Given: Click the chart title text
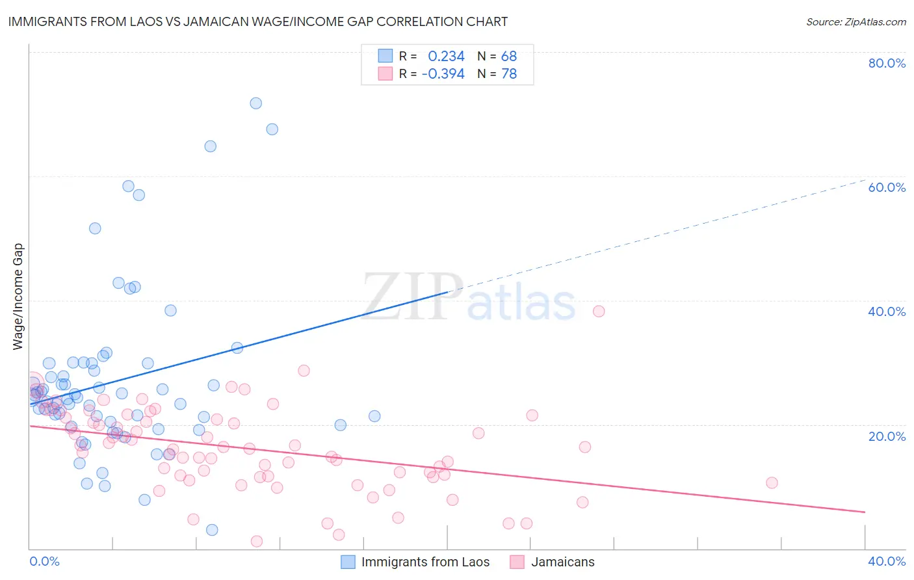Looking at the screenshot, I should tap(258, 21).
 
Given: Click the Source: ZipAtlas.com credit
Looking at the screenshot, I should tap(855, 21).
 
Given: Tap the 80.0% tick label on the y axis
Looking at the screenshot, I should tap(887, 63).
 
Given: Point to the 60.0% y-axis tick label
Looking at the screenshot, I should tap(887, 187).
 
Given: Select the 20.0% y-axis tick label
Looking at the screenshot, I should tap(887, 436).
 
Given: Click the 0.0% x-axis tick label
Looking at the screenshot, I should tap(44, 561).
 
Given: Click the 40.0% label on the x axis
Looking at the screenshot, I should tap(887, 561).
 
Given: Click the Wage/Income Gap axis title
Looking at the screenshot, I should tap(18, 297).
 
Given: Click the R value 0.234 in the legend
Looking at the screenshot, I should tap(446, 57).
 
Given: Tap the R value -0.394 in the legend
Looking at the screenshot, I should tap(443, 74).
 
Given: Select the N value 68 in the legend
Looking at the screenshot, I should tap(509, 57).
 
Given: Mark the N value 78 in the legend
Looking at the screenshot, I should tap(509, 74).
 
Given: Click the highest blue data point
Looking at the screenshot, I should tap(256, 103).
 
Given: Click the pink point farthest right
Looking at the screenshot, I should tap(772, 482).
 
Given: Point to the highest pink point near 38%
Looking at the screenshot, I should tap(599, 311).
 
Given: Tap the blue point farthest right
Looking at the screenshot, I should tap(374, 416).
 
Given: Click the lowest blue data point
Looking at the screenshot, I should tap(212, 530).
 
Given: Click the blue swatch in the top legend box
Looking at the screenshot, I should tap(385, 57).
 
